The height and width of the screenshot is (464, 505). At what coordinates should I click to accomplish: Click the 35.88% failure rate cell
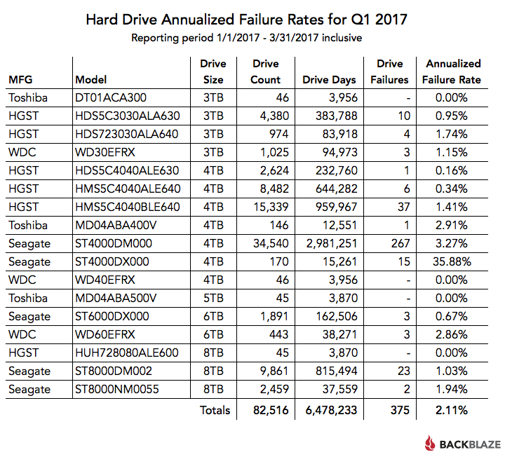click(x=452, y=261)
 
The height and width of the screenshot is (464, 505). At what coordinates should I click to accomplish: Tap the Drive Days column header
click(x=330, y=79)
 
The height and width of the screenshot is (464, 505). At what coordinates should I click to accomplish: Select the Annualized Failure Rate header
click(x=452, y=71)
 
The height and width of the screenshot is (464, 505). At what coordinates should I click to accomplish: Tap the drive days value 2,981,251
click(x=330, y=243)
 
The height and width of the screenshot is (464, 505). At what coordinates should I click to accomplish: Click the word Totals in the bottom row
click(x=215, y=410)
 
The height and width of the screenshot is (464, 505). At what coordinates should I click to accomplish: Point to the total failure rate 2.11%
click(x=452, y=410)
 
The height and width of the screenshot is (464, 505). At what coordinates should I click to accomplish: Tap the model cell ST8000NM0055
click(x=116, y=389)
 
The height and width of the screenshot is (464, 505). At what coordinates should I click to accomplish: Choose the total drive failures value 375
click(x=389, y=410)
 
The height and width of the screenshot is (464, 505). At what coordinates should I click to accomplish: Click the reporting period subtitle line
click(x=246, y=37)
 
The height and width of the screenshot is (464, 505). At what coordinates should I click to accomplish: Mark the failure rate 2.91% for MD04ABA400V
click(x=452, y=225)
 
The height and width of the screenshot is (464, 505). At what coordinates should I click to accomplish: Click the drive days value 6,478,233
click(x=330, y=410)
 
